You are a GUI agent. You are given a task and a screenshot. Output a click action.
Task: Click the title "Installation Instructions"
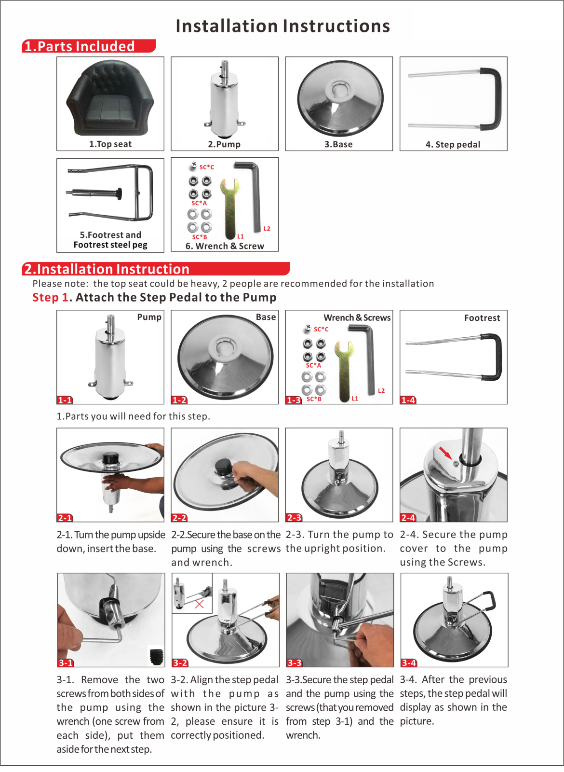tap(282, 26)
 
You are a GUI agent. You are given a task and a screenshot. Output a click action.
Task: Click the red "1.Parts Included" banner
tap(89, 46)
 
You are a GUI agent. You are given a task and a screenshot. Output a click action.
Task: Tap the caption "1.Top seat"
tap(110, 144)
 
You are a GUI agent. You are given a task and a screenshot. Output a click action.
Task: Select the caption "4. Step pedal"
tap(453, 144)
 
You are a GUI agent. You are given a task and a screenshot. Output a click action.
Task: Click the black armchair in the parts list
tap(110, 98)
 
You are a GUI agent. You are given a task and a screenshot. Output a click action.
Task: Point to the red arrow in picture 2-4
tap(445, 453)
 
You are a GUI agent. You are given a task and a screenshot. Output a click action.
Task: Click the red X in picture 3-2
tap(200, 604)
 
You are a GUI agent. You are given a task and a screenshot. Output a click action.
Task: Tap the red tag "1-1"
tap(65, 400)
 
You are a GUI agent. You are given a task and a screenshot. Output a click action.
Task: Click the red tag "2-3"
tap(294, 518)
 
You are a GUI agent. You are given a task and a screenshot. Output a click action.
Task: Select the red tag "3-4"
tap(409, 663)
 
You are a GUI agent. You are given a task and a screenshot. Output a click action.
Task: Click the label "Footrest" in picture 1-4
tap(482, 318)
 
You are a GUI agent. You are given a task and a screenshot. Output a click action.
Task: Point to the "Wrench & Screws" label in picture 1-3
tap(357, 317)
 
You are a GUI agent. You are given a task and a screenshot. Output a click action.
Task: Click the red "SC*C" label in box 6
tap(207, 167)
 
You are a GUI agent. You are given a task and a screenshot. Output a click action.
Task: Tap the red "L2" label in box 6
tap(267, 229)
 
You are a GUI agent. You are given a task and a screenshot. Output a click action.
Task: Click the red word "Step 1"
tap(50, 297)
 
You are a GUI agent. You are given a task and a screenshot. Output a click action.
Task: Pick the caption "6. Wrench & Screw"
tap(225, 246)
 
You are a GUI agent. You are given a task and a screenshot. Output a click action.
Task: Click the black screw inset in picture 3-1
tap(157, 656)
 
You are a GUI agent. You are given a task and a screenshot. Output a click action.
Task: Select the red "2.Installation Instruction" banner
tap(156, 269)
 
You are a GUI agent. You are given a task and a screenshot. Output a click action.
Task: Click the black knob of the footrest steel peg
tap(120, 193)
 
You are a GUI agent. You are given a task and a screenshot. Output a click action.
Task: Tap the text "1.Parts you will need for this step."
tap(133, 416)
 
